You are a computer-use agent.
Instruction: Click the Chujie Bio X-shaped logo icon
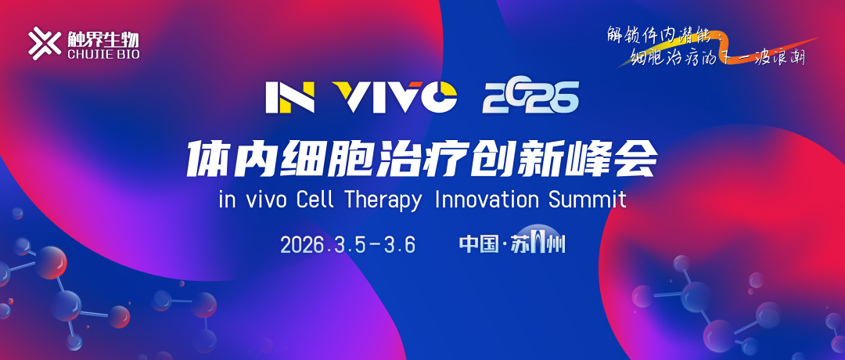click(x=44, y=42)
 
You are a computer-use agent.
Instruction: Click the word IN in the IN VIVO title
click(x=289, y=96)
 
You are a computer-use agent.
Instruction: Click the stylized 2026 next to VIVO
click(x=530, y=96)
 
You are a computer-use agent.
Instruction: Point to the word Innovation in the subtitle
click(x=487, y=199)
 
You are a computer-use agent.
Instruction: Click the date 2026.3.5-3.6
click(x=347, y=244)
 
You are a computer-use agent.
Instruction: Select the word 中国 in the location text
click(x=479, y=244)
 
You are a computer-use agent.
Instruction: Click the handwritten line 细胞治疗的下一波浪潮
click(x=718, y=58)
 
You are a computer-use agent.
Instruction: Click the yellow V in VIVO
click(x=343, y=96)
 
